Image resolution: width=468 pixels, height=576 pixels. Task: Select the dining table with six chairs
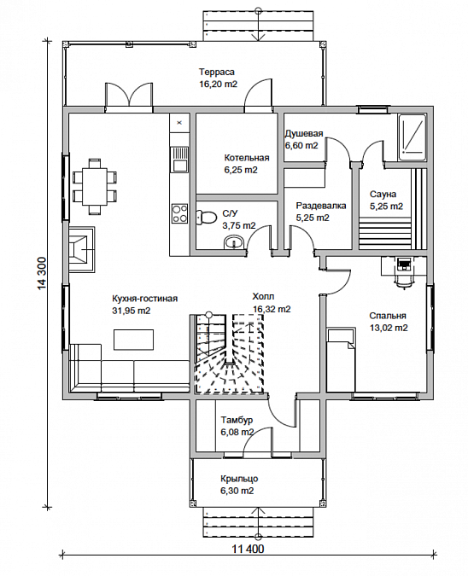point(94,186)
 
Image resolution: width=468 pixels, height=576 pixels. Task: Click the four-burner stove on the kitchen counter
point(179,213)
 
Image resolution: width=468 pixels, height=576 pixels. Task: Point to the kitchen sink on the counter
point(179,159)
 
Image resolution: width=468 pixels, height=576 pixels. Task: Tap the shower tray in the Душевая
point(412,137)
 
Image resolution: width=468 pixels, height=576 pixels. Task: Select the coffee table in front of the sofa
point(133,340)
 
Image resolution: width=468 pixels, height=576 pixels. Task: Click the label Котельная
point(247,158)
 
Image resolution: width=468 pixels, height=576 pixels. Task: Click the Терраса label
point(217,72)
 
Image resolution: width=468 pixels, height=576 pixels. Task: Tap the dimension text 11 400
point(248,550)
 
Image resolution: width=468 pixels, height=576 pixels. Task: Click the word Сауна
point(383,194)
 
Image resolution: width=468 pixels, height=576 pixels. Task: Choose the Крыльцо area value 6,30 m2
point(237,491)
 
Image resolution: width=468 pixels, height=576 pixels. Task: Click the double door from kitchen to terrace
point(129,96)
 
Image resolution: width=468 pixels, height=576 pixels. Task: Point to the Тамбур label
point(237,420)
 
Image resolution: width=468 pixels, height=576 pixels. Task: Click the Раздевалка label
point(321,206)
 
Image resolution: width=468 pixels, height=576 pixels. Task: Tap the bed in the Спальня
point(341,360)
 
